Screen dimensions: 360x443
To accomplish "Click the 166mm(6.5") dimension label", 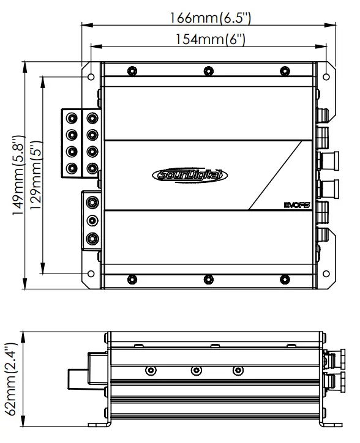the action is (x=210, y=18).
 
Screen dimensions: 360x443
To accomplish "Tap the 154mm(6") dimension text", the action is (x=211, y=39).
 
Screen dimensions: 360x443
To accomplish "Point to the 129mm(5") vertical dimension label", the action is (x=36, y=175).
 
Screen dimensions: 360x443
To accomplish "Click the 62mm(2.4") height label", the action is (x=12, y=379).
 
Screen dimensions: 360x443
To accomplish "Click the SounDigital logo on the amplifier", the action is (x=190, y=175).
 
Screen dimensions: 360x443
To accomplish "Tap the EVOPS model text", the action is (x=297, y=205).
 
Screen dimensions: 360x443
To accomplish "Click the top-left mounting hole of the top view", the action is (x=91, y=76).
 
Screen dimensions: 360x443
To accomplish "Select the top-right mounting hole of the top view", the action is (x=326, y=76).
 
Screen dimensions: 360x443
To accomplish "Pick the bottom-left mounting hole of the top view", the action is (x=91, y=274).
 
